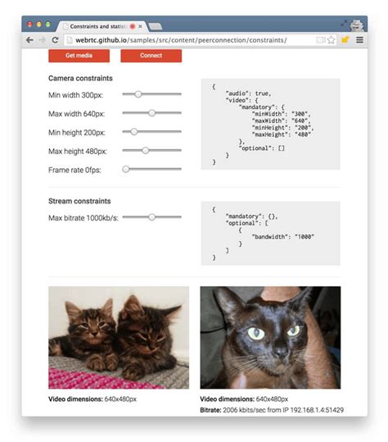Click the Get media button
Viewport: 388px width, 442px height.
pyautogui.click(x=79, y=56)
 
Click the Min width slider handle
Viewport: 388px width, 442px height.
pyautogui.click(x=138, y=94)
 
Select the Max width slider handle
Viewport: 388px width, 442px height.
pyautogui.click(x=151, y=112)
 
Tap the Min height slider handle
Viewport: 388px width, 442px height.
pyautogui.click(x=133, y=131)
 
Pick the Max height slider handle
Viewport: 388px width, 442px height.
pyautogui.click(x=145, y=150)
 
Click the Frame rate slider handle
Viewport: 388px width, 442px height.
pyautogui.click(x=126, y=169)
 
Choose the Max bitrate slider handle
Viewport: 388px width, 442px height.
pyautogui.click(x=151, y=217)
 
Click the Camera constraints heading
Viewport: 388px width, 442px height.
pyautogui.click(x=80, y=78)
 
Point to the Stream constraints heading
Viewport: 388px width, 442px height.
pyautogui.click(x=79, y=201)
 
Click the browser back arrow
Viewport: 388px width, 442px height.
pyautogui.click(x=30, y=39)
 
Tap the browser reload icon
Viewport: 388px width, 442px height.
pyautogui.click(x=53, y=39)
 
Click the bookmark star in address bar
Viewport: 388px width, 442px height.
pyautogui.click(x=331, y=39)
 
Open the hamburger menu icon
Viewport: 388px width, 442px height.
pyautogui.click(x=359, y=39)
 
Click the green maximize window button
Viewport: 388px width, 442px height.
pyautogui.click(x=48, y=25)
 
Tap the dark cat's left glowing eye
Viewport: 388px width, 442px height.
pyautogui.click(x=255, y=333)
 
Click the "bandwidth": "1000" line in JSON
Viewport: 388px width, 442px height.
pyautogui.click(x=282, y=236)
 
